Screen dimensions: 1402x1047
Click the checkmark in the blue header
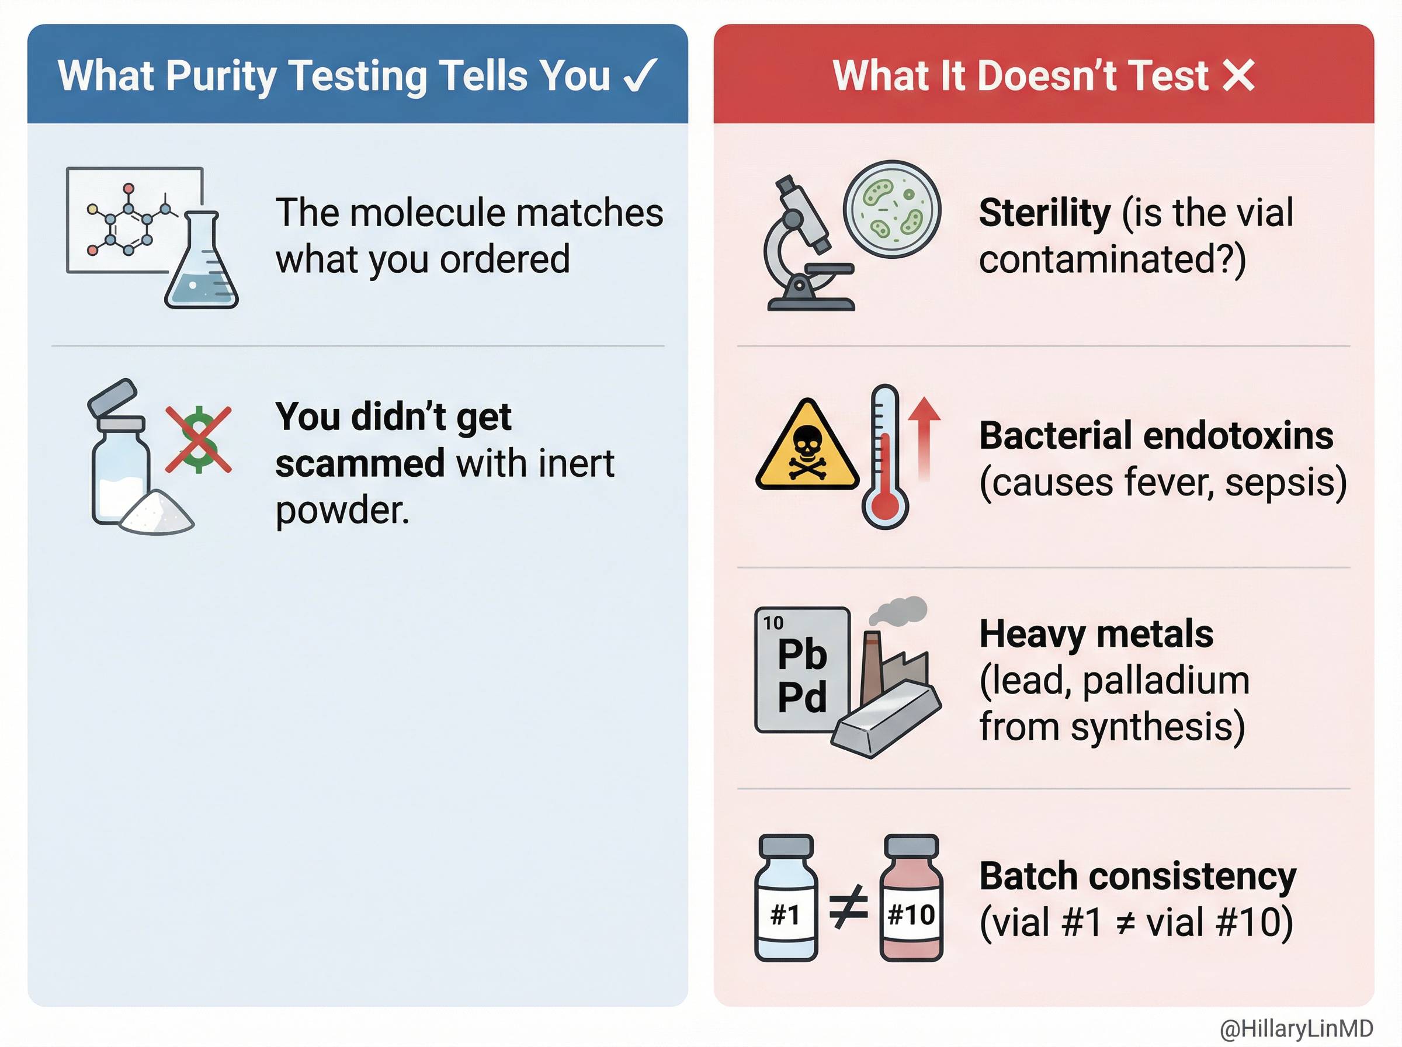click(x=640, y=76)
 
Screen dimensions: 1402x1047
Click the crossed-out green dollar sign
click(x=198, y=439)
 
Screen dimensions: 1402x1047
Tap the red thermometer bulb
click(x=885, y=506)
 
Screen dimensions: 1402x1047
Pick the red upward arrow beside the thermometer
click(x=924, y=437)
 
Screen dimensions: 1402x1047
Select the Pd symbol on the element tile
click(x=802, y=697)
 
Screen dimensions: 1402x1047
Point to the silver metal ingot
click(x=886, y=720)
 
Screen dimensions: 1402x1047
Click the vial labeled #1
click(x=786, y=897)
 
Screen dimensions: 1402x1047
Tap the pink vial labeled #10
click(x=912, y=897)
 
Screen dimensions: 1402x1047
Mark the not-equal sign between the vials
click(x=848, y=906)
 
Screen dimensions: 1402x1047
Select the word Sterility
click(x=1044, y=213)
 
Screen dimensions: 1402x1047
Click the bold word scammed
click(x=360, y=463)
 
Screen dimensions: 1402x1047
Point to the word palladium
click(x=1165, y=681)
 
